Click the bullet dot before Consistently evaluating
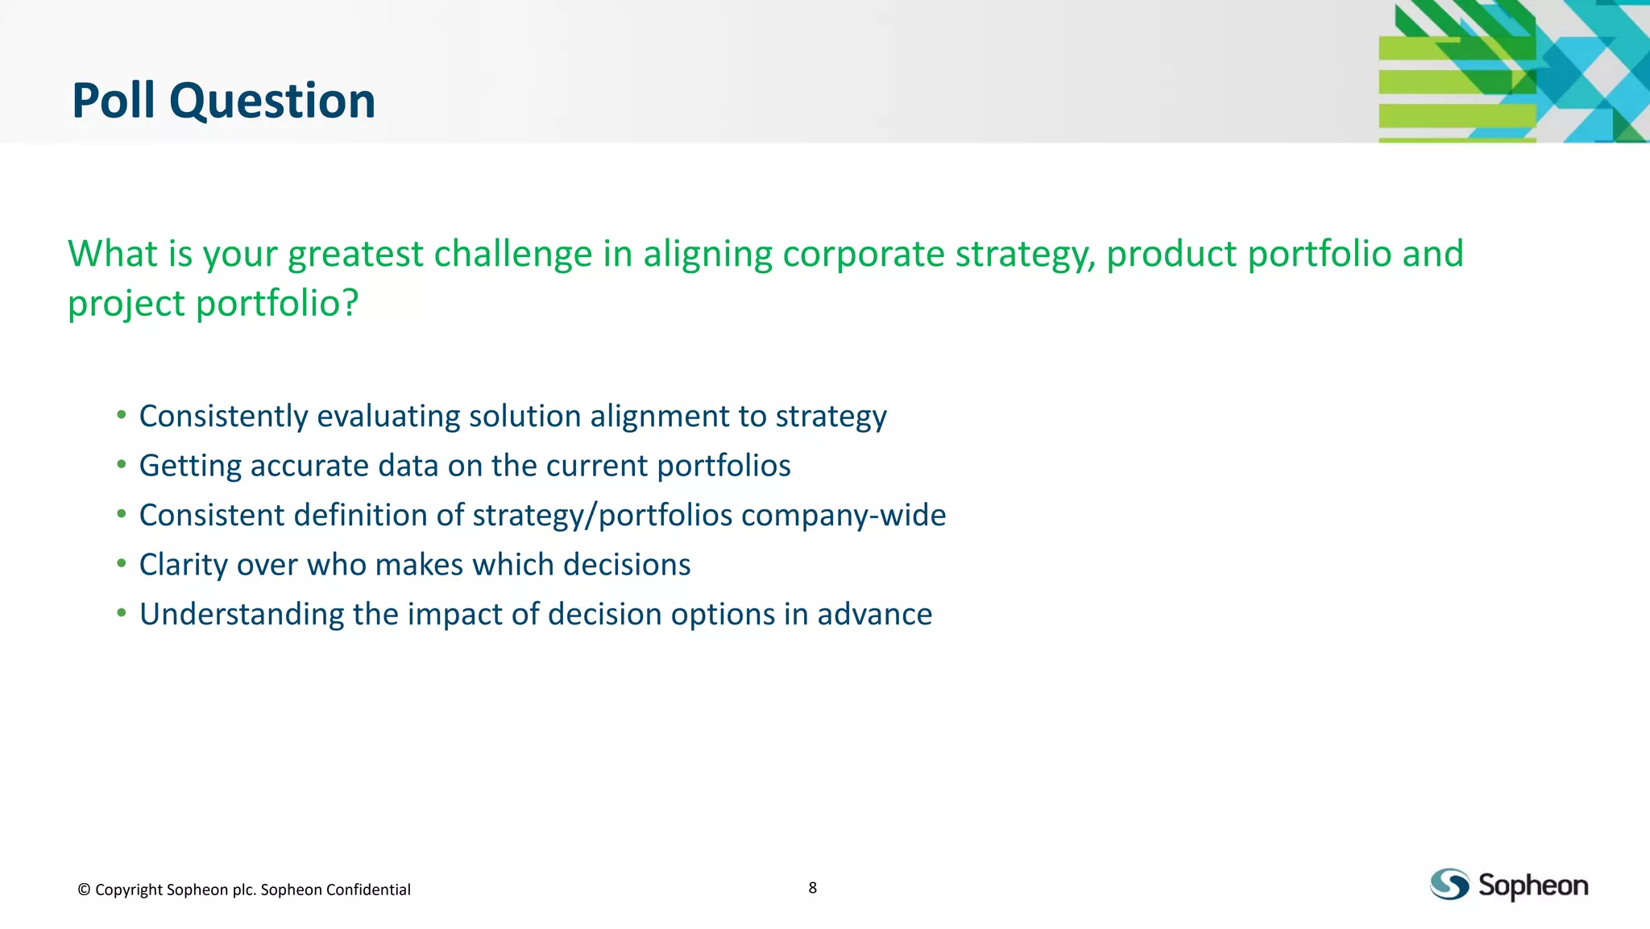122,415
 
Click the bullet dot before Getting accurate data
122,465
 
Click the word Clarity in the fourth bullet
183,565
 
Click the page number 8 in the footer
812,888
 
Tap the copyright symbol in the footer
84,890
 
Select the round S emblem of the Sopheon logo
1449,885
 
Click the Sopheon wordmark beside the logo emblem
1533,886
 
